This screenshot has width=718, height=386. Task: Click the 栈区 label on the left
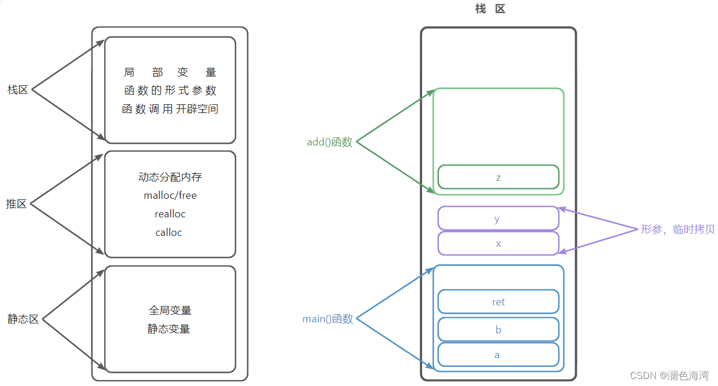pos(18,90)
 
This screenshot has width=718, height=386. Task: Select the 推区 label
pos(17,204)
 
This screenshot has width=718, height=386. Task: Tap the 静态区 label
pos(23,319)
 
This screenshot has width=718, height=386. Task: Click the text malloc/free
pos(170,195)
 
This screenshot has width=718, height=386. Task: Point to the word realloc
pos(170,214)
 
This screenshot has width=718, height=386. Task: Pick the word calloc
pos(169,232)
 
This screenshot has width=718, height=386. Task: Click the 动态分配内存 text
pos(170,177)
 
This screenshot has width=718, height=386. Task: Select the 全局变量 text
pos(170,310)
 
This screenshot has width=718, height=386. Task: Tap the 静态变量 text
pos(169,329)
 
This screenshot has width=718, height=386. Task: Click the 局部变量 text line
pos(170,72)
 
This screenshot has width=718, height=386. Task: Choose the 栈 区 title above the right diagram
pos(490,9)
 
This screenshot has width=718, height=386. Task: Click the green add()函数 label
pos(329,142)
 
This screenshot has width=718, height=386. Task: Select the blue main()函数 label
pos(328,319)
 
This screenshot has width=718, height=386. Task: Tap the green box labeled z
pos(499,177)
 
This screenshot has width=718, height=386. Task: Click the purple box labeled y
pos(498,219)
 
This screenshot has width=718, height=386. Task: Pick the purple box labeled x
pos(499,243)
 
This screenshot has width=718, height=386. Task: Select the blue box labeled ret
pos(499,301)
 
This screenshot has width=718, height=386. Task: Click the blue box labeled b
pos(499,329)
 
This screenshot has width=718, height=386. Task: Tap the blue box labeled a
pos(498,355)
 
